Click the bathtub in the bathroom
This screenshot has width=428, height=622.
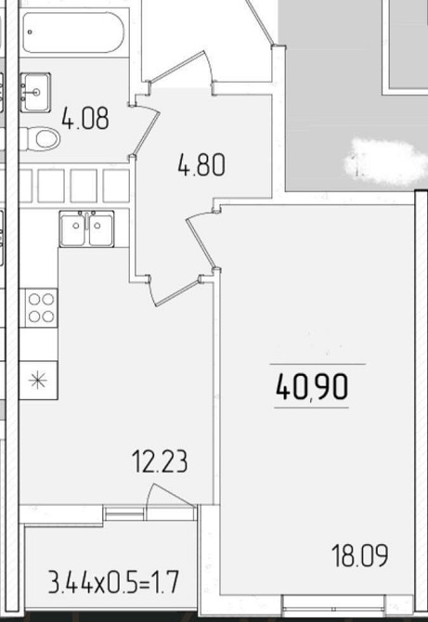click(x=73, y=32)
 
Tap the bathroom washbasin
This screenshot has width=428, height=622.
click(x=35, y=93)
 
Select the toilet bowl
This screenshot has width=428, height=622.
click(x=40, y=139)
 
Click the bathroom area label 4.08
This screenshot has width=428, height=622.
click(x=85, y=118)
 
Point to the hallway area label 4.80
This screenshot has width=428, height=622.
click(x=201, y=164)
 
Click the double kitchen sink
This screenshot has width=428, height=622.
click(x=86, y=229)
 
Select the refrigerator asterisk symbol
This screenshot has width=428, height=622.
click(x=38, y=380)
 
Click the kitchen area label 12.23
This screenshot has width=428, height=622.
click(x=160, y=461)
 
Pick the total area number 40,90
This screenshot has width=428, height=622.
click(x=312, y=386)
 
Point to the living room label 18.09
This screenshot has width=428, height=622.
click(x=360, y=555)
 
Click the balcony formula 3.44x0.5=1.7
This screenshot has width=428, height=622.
click(x=113, y=581)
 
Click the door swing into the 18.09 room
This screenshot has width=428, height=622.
click(x=201, y=241)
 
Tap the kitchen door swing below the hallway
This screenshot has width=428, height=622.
click(x=175, y=292)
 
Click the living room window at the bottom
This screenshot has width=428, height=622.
click(x=333, y=603)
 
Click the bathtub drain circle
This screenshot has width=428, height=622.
click(x=30, y=32)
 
